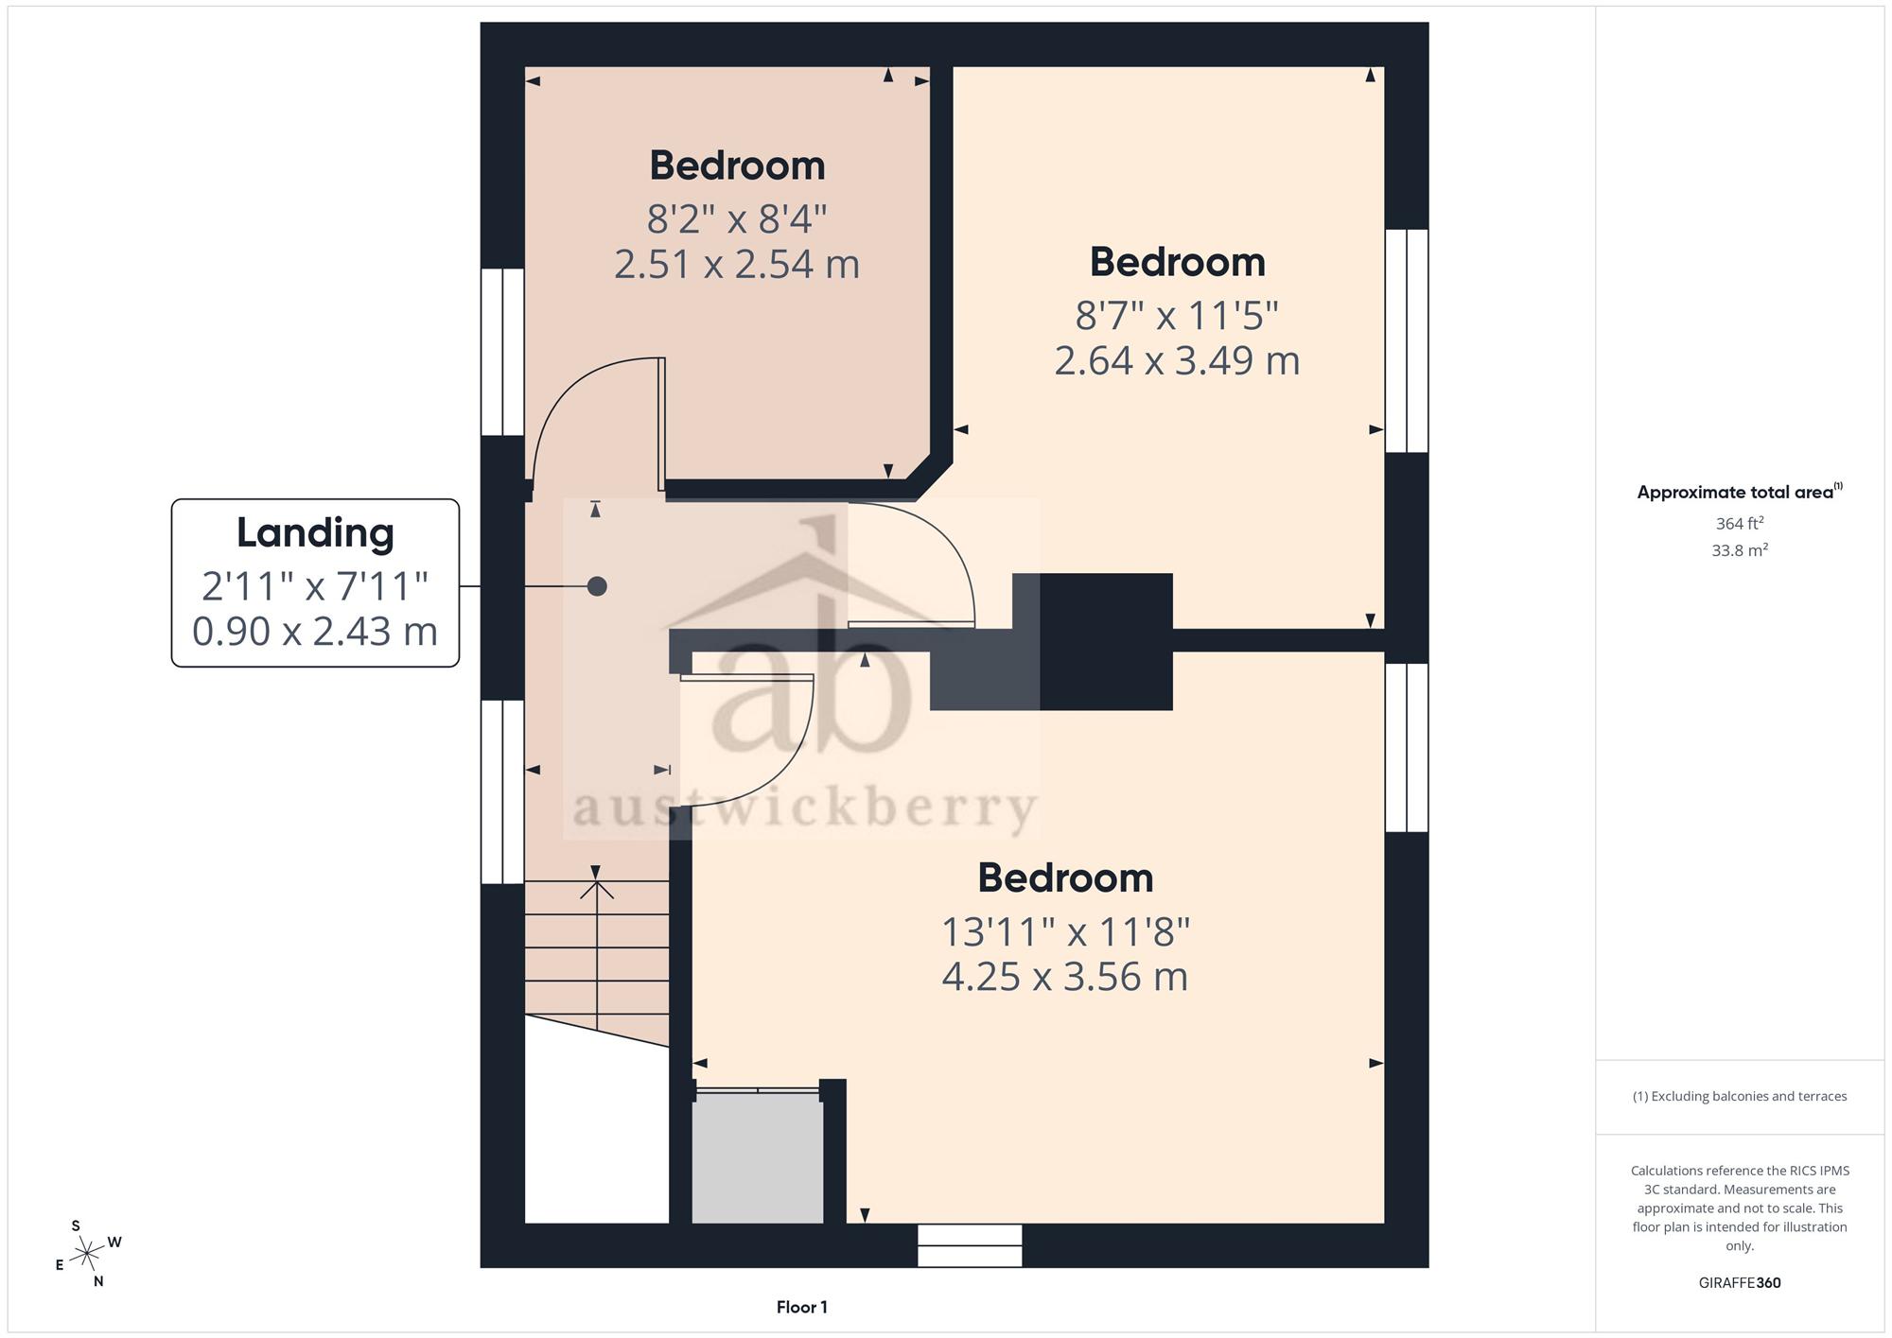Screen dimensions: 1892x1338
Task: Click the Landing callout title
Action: coord(315,533)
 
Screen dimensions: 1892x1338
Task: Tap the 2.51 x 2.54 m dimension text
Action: coord(737,264)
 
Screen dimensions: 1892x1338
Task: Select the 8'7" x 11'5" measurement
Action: coord(1177,315)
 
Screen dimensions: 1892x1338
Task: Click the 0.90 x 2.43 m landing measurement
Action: coord(315,631)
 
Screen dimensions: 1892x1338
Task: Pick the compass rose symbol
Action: coord(88,1254)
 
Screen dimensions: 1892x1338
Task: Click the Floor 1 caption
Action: coord(802,1308)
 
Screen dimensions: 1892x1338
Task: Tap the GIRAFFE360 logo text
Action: coord(1740,1283)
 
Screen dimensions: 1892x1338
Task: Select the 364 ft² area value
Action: coord(1740,523)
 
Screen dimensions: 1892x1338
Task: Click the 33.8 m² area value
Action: coord(1740,549)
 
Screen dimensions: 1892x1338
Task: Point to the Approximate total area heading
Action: coord(1740,492)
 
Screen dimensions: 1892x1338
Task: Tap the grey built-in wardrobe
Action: coord(758,1158)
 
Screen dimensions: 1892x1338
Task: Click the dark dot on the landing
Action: coord(597,586)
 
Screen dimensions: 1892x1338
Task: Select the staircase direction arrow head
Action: coord(596,890)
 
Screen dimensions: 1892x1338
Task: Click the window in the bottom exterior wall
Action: coord(971,1245)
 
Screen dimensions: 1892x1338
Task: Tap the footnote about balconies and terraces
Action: coord(1740,1097)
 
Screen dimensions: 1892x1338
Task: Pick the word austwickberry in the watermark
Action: coord(805,810)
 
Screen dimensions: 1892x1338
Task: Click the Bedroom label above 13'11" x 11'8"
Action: coord(1065,878)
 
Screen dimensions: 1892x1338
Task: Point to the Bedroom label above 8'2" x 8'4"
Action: coord(737,165)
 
